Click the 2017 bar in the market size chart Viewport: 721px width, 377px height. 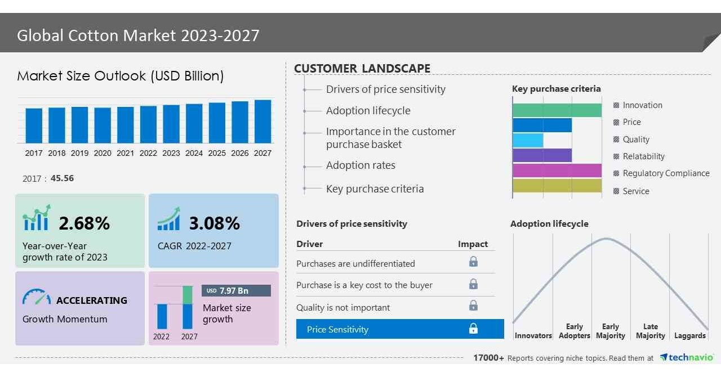(x=34, y=125)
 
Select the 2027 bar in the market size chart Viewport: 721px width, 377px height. (x=262, y=122)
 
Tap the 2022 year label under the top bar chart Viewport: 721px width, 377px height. (x=148, y=153)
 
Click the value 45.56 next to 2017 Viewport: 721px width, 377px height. (x=62, y=178)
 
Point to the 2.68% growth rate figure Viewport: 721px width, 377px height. (x=84, y=223)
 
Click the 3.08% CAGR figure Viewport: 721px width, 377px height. (x=215, y=223)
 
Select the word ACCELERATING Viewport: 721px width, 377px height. (x=92, y=300)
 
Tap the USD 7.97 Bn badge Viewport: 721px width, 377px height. (x=236, y=291)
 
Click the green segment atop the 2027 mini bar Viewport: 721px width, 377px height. (x=188, y=295)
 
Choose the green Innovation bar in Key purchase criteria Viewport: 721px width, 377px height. (x=557, y=110)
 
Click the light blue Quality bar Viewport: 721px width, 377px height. (x=528, y=140)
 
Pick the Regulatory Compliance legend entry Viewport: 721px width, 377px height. (x=665, y=173)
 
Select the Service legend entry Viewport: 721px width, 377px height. (x=635, y=191)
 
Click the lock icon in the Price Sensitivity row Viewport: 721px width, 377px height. (x=473, y=329)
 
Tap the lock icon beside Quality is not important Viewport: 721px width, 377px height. (x=473, y=306)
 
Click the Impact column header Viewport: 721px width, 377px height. (x=473, y=244)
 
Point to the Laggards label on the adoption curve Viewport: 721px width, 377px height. (x=689, y=335)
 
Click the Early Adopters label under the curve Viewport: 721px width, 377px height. (x=574, y=331)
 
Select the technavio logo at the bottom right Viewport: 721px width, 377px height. (x=687, y=358)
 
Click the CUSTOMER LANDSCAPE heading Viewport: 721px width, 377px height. (x=362, y=69)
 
